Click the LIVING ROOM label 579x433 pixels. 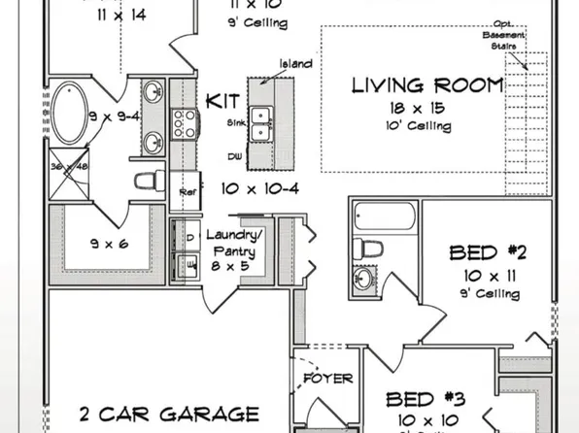point(427,85)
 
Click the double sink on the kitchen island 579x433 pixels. point(262,118)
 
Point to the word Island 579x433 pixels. point(295,64)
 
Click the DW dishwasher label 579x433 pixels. point(234,155)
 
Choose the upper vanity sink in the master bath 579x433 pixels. point(153,94)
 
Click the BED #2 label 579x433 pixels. point(488,254)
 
